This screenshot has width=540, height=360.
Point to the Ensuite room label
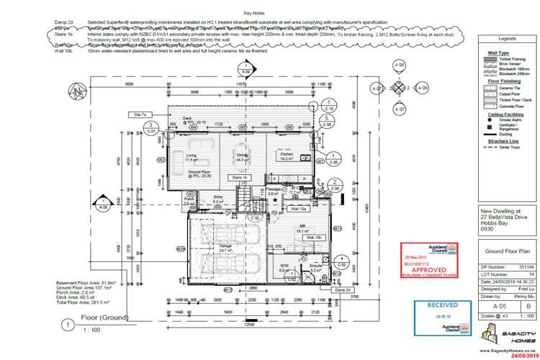tap(315, 266)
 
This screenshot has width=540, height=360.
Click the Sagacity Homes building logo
tap(495, 335)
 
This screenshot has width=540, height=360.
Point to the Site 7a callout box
tap(140, 114)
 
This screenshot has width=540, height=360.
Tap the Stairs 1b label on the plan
tap(238, 177)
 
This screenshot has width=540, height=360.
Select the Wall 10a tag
tap(299, 209)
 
